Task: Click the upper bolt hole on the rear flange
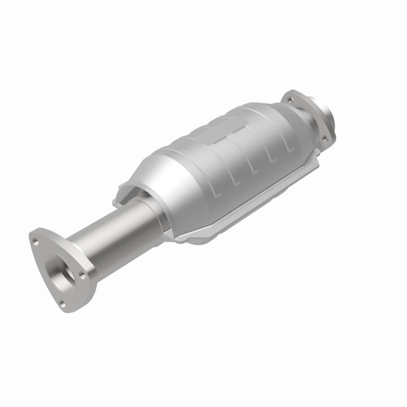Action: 291,101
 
